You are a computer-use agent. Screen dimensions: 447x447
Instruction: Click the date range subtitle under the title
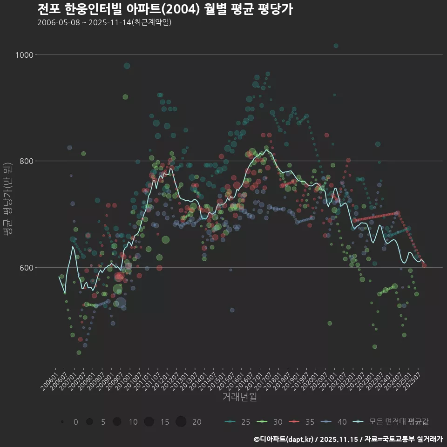105,22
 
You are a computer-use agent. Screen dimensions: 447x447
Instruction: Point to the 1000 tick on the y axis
25,55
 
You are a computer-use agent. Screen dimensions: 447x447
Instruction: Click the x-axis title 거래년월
240,397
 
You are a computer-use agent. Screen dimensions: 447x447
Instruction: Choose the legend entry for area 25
237,422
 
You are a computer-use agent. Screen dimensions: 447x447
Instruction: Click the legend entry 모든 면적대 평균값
391,422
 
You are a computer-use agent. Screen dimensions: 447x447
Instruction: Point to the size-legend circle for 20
181,422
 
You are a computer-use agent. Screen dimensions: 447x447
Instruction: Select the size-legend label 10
133,422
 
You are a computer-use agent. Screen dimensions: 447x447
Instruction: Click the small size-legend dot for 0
62,422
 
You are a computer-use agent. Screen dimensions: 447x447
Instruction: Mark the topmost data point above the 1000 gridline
336,46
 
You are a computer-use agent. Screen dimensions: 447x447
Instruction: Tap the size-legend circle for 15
149,422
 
